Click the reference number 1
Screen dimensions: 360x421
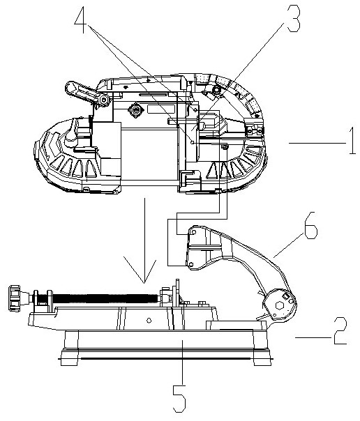352,141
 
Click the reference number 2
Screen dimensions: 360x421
340,331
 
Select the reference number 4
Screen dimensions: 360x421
81,20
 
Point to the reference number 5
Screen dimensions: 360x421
179,399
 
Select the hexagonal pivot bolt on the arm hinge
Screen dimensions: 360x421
278,305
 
